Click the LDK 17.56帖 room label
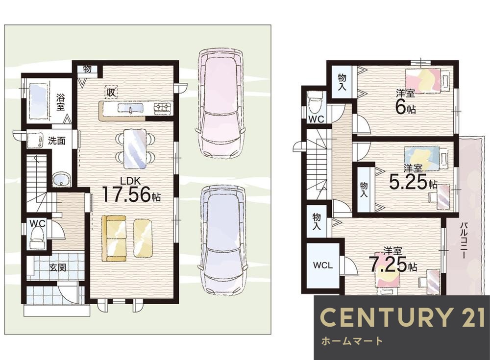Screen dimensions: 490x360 click(x=131, y=190)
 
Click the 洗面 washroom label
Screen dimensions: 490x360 click(x=56, y=141)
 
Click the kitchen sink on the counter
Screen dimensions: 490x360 click(x=130, y=108)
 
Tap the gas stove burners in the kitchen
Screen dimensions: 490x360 click(x=163, y=107)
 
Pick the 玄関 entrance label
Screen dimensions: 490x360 click(x=58, y=267)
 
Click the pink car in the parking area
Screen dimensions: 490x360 click(x=220, y=103)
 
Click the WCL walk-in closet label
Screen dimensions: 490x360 click(x=323, y=265)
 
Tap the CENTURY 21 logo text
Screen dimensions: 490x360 click(x=402, y=317)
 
